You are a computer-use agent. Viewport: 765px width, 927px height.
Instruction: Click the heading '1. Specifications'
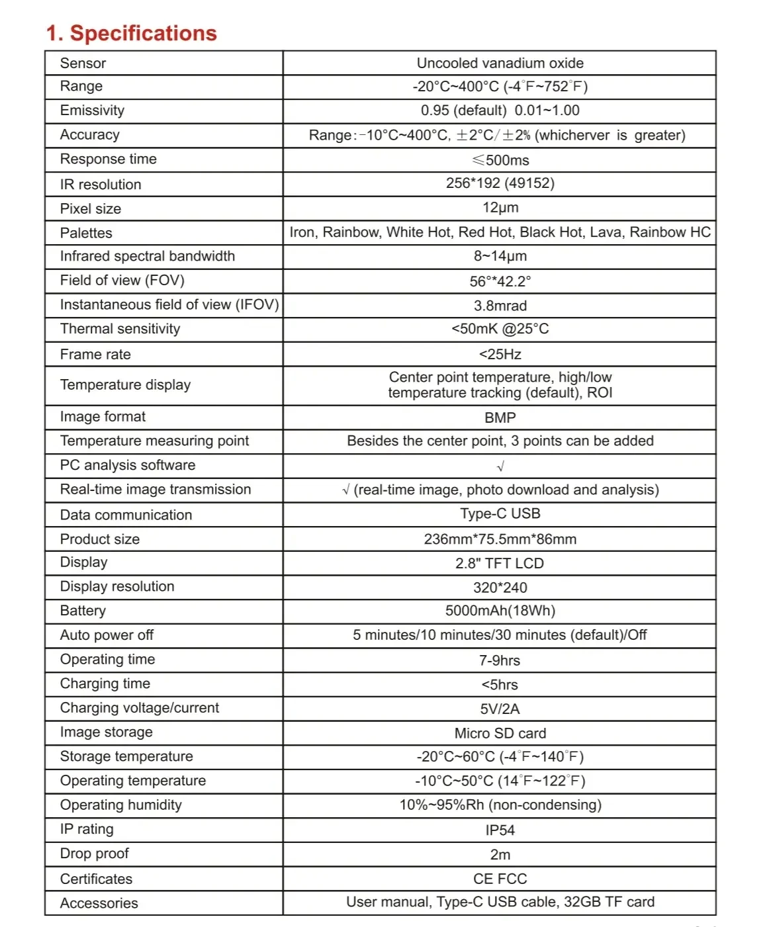(x=131, y=33)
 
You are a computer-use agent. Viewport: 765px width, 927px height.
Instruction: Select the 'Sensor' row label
(x=83, y=63)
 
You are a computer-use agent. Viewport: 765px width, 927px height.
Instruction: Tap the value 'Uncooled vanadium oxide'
(x=500, y=63)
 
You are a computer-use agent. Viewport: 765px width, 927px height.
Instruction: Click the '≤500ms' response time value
(x=500, y=160)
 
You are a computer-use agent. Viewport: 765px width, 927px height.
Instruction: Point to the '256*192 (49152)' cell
(x=500, y=183)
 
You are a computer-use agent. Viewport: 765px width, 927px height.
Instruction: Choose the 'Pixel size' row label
(x=91, y=208)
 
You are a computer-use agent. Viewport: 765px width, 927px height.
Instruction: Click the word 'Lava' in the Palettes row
(x=607, y=232)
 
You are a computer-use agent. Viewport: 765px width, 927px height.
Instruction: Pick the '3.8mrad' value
(x=500, y=306)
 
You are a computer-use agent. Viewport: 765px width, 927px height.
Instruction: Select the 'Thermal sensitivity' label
(x=120, y=329)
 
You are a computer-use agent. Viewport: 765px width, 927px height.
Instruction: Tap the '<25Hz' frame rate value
(x=500, y=355)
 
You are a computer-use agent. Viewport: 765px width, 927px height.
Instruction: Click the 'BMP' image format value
(x=500, y=418)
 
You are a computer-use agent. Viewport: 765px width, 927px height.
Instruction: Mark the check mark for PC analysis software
(x=500, y=466)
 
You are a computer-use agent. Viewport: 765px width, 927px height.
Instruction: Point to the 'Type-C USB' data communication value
(x=500, y=513)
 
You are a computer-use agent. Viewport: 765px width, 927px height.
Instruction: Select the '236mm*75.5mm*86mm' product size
(x=500, y=539)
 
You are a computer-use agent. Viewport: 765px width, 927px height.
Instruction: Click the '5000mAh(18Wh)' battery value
(x=500, y=611)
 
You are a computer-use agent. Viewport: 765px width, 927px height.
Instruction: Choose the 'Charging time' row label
(x=105, y=684)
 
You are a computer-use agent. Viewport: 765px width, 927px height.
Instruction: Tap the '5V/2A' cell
(x=500, y=709)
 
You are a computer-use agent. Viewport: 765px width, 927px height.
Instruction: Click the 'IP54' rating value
(x=500, y=830)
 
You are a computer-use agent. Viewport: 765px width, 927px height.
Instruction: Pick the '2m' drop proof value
(x=500, y=855)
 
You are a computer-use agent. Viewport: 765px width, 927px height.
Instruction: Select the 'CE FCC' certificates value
(x=500, y=879)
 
